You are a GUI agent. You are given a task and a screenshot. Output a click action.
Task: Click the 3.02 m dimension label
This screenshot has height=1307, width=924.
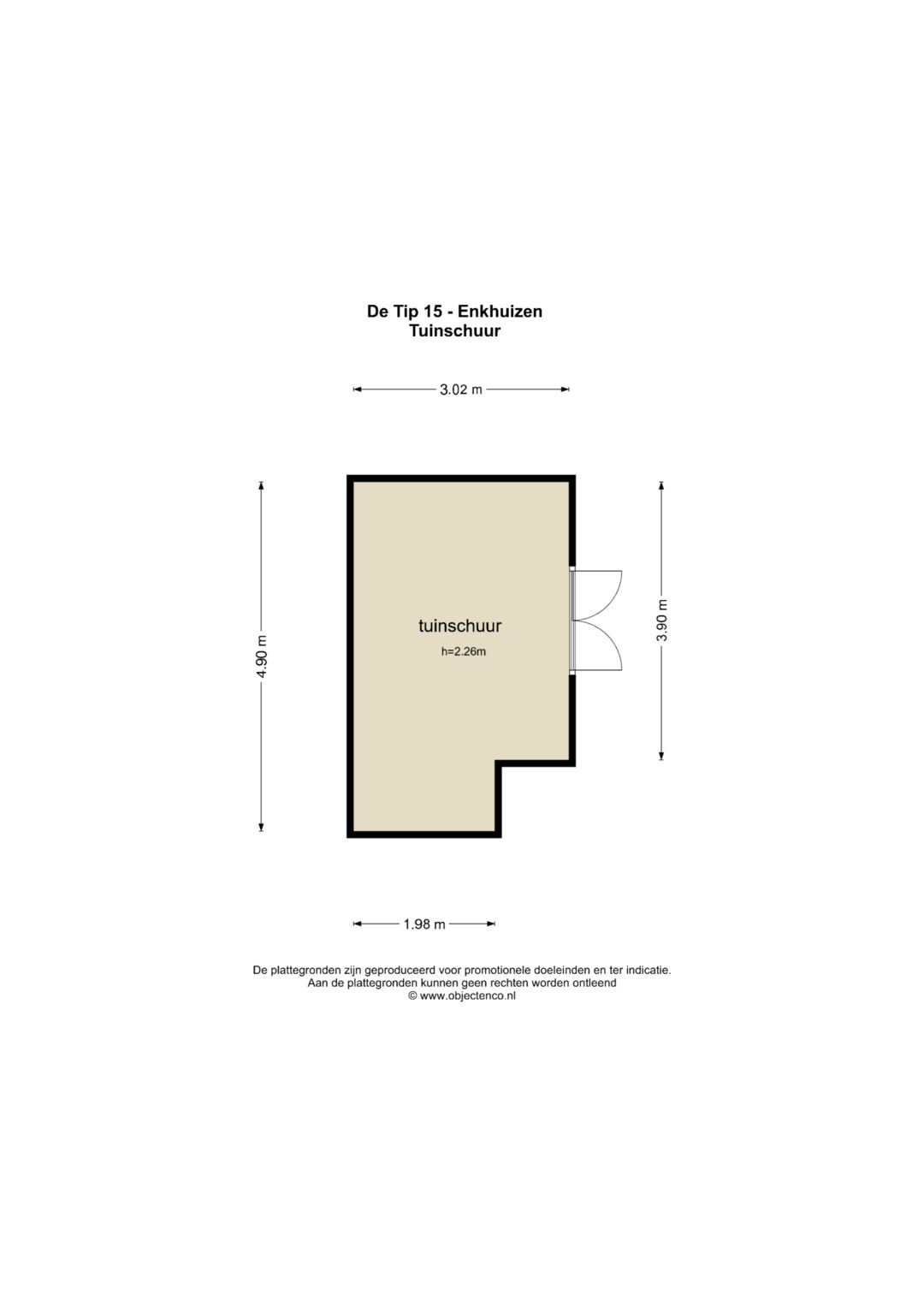pyautogui.click(x=461, y=389)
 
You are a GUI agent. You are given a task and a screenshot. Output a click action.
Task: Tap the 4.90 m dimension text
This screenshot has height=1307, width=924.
pyautogui.click(x=262, y=656)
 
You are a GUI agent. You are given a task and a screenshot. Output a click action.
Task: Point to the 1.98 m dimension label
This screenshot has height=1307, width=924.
pyautogui.click(x=424, y=924)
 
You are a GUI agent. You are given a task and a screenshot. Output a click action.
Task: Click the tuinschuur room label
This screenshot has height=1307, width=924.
pyautogui.click(x=459, y=626)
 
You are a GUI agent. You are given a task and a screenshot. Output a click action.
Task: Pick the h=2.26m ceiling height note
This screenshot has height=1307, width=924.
pyautogui.click(x=463, y=651)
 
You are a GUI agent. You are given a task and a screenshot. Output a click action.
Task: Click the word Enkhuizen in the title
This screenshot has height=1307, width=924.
pyautogui.click(x=508, y=312)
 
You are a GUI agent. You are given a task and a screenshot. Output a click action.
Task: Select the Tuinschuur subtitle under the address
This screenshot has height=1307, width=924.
pyautogui.click(x=455, y=331)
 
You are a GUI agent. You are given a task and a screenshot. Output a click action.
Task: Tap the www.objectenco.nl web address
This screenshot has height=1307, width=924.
pyautogui.click(x=467, y=996)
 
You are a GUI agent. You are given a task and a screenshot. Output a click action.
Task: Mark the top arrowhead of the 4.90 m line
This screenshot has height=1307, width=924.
pyautogui.click(x=261, y=484)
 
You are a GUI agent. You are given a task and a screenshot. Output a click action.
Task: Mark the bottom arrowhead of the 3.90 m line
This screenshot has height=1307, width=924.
pyautogui.click(x=660, y=756)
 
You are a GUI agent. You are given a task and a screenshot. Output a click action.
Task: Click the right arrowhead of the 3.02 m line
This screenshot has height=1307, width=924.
pyautogui.click(x=565, y=389)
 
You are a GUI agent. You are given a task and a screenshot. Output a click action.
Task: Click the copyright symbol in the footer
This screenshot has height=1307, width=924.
pyautogui.click(x=412, y=996)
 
